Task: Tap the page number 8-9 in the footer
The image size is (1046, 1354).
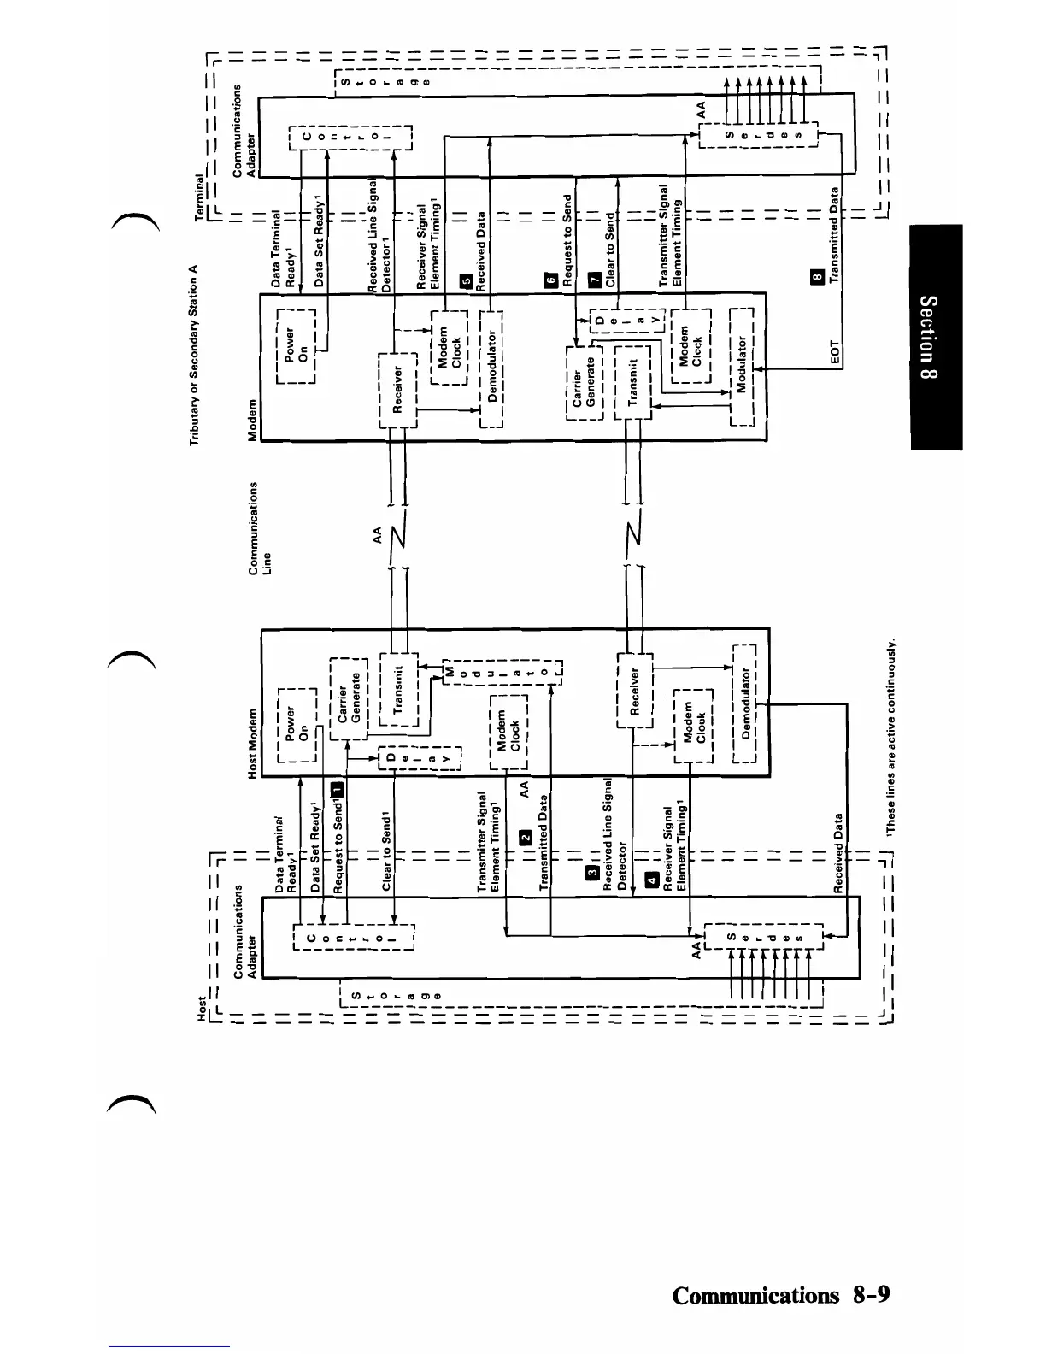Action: [x=870, y=1295]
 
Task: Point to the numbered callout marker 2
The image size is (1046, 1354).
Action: [x=526, y=837]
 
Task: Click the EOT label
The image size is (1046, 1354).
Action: [x=837, y=351]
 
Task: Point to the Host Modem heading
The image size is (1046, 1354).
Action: [x=253, y=743]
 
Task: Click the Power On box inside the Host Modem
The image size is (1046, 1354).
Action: [x=297, y=723]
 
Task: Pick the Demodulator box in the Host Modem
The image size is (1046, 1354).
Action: [x=744, y=702]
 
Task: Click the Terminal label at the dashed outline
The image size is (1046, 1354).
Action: [x=199, y=198]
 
